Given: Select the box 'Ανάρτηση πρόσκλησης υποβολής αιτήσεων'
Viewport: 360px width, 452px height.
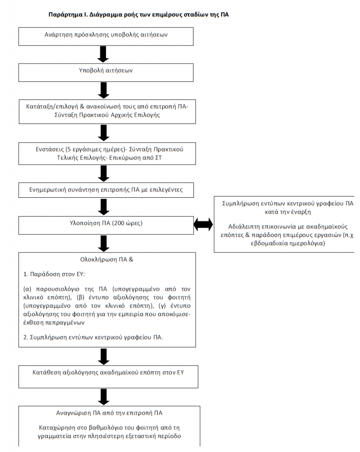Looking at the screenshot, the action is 106,37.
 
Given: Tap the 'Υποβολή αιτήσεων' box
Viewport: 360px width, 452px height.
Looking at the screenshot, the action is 106,72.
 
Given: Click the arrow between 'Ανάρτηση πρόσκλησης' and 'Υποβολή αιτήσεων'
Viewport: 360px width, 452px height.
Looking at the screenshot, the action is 103,54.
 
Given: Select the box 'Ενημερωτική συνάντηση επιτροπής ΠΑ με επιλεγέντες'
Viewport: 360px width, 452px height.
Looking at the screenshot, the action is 106,190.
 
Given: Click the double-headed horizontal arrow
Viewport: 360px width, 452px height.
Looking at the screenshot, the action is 203,224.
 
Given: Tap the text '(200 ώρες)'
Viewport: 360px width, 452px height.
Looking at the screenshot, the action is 127,223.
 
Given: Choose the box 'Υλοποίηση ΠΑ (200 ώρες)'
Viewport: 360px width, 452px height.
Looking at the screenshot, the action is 106,226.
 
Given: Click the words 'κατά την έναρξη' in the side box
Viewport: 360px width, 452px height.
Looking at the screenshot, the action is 288,212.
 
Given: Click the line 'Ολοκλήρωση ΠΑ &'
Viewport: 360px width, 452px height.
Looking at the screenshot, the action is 107,260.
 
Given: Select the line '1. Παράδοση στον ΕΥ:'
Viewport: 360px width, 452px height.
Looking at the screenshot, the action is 54,274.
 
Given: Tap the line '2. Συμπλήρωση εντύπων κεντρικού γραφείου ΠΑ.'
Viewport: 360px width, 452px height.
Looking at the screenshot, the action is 93,337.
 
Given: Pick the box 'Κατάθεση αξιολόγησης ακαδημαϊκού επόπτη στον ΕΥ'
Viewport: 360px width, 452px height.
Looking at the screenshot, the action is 109,377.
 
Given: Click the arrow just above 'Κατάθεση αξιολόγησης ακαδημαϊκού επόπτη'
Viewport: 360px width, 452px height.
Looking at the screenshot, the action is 103,357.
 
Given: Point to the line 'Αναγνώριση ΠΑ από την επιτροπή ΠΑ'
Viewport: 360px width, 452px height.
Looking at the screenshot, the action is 110,413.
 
